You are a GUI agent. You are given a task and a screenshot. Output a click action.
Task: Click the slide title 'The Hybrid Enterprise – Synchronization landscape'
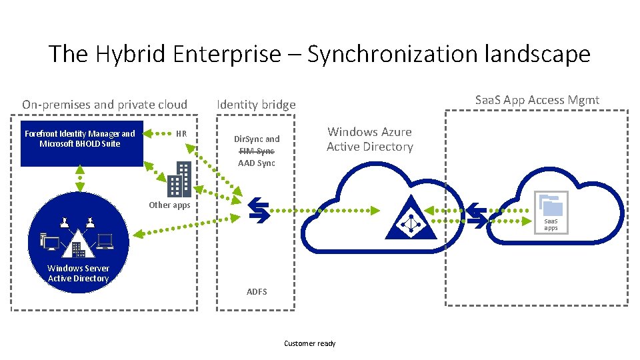[x=319, y=53]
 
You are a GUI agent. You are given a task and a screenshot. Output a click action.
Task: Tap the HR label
[x=181, y=133]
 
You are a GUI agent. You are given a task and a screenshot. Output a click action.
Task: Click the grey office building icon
[x=179, y=179]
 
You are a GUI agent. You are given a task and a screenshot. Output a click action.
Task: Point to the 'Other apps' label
[x=169, y=205]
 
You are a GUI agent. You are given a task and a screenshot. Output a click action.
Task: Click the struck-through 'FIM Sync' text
[x=257, y=151]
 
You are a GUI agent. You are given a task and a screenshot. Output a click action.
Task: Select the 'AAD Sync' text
[x=257, y=163]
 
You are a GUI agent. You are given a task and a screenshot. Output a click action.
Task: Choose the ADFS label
[x=257, y=292]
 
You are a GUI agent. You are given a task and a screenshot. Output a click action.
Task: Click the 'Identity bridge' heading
[x=256, y=105]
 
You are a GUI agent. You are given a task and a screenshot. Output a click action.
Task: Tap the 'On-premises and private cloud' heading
[x=105, y=105]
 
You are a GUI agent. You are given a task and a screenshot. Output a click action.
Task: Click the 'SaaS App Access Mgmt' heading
[x=537, y=100]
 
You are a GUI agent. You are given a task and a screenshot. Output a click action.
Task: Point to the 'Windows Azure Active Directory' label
[x=369, y=139]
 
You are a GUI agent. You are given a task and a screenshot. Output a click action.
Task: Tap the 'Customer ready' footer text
[x=309, y=343]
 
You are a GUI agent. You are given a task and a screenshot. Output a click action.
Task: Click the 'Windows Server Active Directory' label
[x=78, y=273]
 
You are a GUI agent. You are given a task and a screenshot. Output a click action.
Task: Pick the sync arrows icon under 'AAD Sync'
[x=257, y=208]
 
